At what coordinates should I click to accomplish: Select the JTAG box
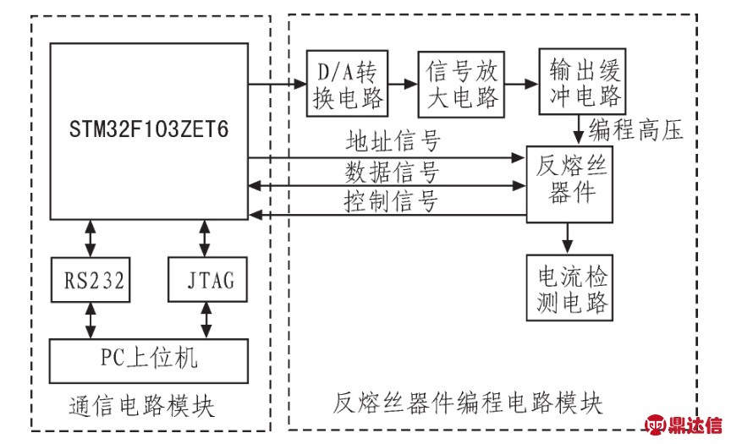[x=206, y=278]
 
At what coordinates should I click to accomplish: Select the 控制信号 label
[x=391, y=203]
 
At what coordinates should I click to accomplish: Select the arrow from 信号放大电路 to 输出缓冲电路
[x=517, y=83]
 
